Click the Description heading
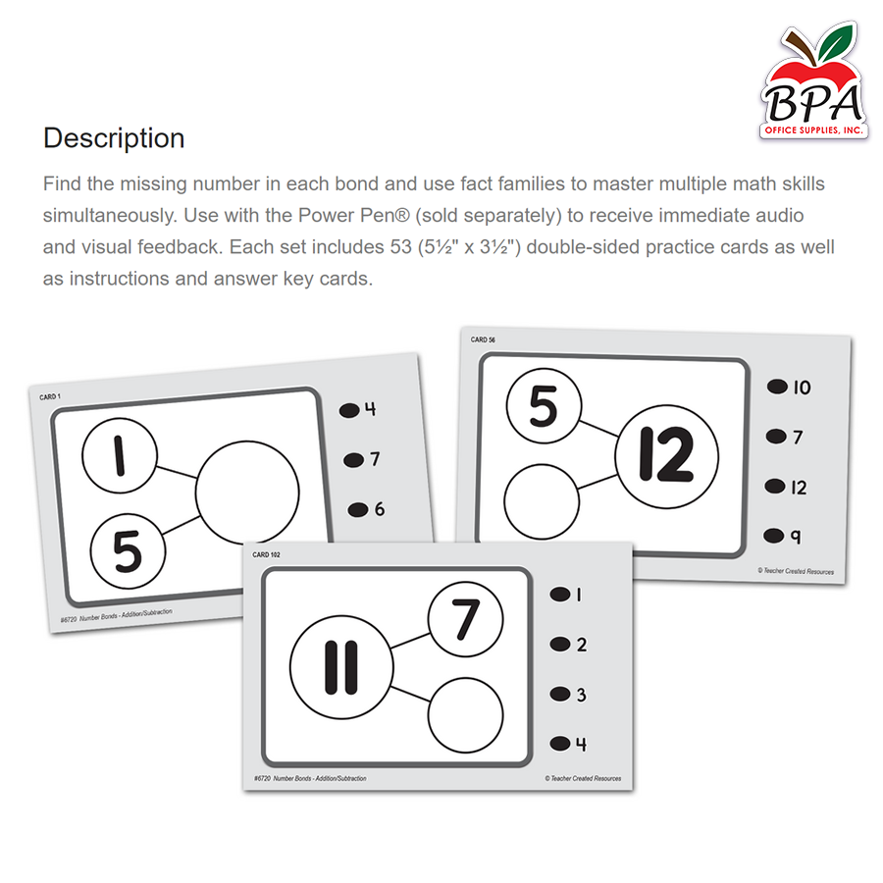coord(114,138)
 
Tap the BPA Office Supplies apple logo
coord(813,81)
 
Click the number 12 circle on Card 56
coord(667,456)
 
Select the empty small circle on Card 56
coord(542,501)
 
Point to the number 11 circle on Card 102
coord(341,667)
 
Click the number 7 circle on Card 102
coord(466,619)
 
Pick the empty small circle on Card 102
coord(466,715)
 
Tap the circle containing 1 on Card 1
coord(120,455)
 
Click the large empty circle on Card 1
coord(247,493)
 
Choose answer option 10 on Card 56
coord(789,387)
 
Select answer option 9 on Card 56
coord(783,536)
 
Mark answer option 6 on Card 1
coord(367,509)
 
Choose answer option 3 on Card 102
coord(569,695)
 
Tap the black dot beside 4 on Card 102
coord(560,744)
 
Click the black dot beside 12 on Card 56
coord(775,486)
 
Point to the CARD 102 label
coord(266,554)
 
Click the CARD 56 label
coord(483,339)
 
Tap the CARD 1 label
coord(50,397)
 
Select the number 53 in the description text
coord(401,247)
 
